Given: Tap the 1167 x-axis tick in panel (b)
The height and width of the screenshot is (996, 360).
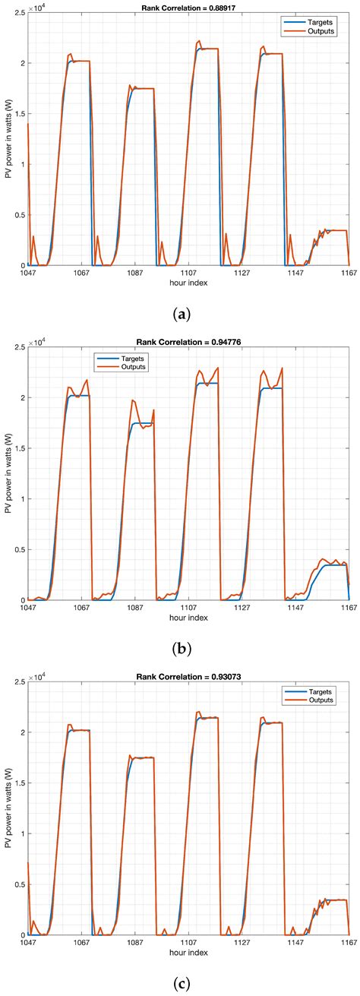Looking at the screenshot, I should click(x=348, y=606).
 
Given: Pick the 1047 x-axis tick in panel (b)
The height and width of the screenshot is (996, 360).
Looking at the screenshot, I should click(x=29, y=606).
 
